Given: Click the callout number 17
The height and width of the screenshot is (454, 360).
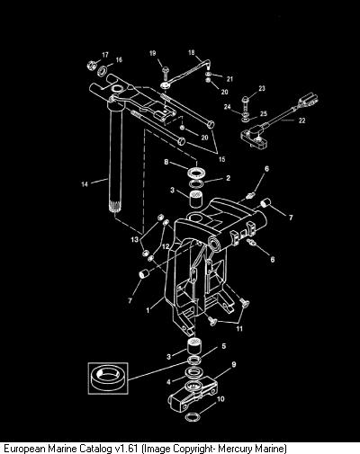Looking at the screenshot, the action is pyautogui.click(x=105, y=55).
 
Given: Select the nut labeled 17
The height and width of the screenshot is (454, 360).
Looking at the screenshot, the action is pyautogui.click(x=91, y=65).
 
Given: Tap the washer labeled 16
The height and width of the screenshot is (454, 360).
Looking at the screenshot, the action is pyautogui.click(x=103, y=71).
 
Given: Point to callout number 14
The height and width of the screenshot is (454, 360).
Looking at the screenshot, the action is pyautogui.click(x=85, y=184).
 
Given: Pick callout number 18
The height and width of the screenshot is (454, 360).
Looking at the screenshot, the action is pyautogui.click(x=192, y=53).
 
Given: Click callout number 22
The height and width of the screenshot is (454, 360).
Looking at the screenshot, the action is pyautogui.click(x=301, y=120).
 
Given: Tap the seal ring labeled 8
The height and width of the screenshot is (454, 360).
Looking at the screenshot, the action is pyautogui.click(x=196, y=173).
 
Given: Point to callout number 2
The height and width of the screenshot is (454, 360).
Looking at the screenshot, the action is pyautogui.click(x=228, y=178).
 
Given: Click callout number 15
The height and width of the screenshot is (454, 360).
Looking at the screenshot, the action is pyautogui.click(x=221, y=159).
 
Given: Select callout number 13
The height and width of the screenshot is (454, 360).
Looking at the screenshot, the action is pyautogui.click(x=135, y=239).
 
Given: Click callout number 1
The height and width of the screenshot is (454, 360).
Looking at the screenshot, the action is pyautogui.click(x=148, y=310).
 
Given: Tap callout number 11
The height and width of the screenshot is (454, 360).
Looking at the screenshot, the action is pyautogui.click(x=239, y=329).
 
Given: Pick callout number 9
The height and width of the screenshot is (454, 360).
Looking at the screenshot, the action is pyautogui.click(x=234, y=364).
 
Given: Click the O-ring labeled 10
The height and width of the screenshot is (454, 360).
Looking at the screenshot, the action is pyautogui.click(x=193, y=417).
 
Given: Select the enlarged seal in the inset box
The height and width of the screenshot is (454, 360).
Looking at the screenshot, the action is pyautogui.click(x=108, y=378).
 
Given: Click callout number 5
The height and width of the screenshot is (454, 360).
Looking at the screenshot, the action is pyautogui.click(x=223, y=346).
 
